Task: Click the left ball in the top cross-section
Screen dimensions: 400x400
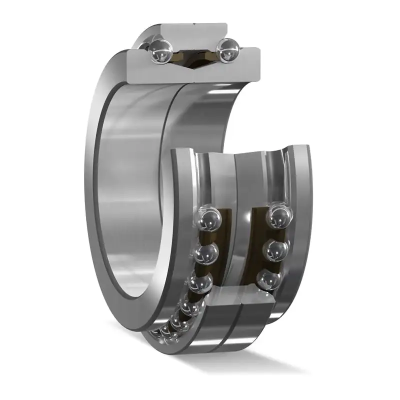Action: click(161, 51)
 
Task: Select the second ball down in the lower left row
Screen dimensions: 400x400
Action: click(206, 253)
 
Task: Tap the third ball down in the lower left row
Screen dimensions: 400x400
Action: click(199, 284)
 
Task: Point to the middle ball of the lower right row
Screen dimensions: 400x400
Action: click(276, 250)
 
